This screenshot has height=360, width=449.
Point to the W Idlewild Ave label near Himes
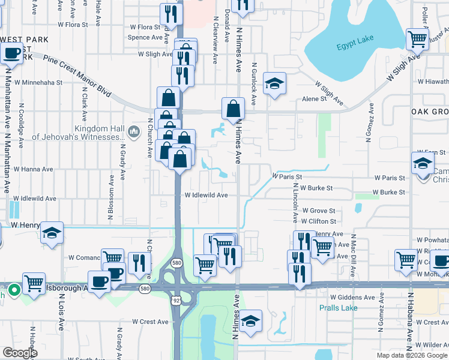(x=206, y=196)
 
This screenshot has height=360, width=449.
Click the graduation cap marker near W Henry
(x=52, y=232)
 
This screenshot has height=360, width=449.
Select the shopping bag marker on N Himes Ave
(x=234, y=109)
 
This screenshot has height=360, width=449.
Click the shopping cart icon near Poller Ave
(x=417, y=40)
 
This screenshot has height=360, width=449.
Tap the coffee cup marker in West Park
(x=11, y=53)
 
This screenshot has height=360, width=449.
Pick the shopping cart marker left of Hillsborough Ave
(x=34, y=282)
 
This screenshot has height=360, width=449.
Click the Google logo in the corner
(x=20, y=353)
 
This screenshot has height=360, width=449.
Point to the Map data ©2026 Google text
(x=412, y=355)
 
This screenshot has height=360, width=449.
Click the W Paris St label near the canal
(x=286, y=177)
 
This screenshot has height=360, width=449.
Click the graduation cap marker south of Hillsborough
(x=251, y=320)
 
